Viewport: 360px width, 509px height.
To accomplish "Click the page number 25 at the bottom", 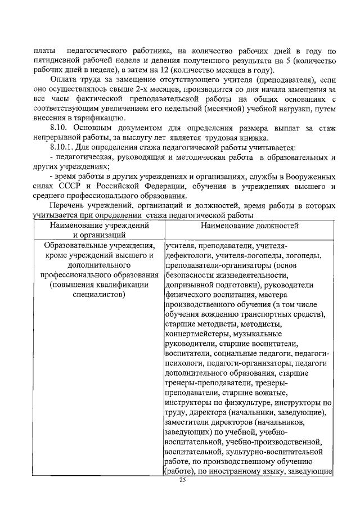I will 182,480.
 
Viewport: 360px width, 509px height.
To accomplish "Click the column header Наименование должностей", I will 247,226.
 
